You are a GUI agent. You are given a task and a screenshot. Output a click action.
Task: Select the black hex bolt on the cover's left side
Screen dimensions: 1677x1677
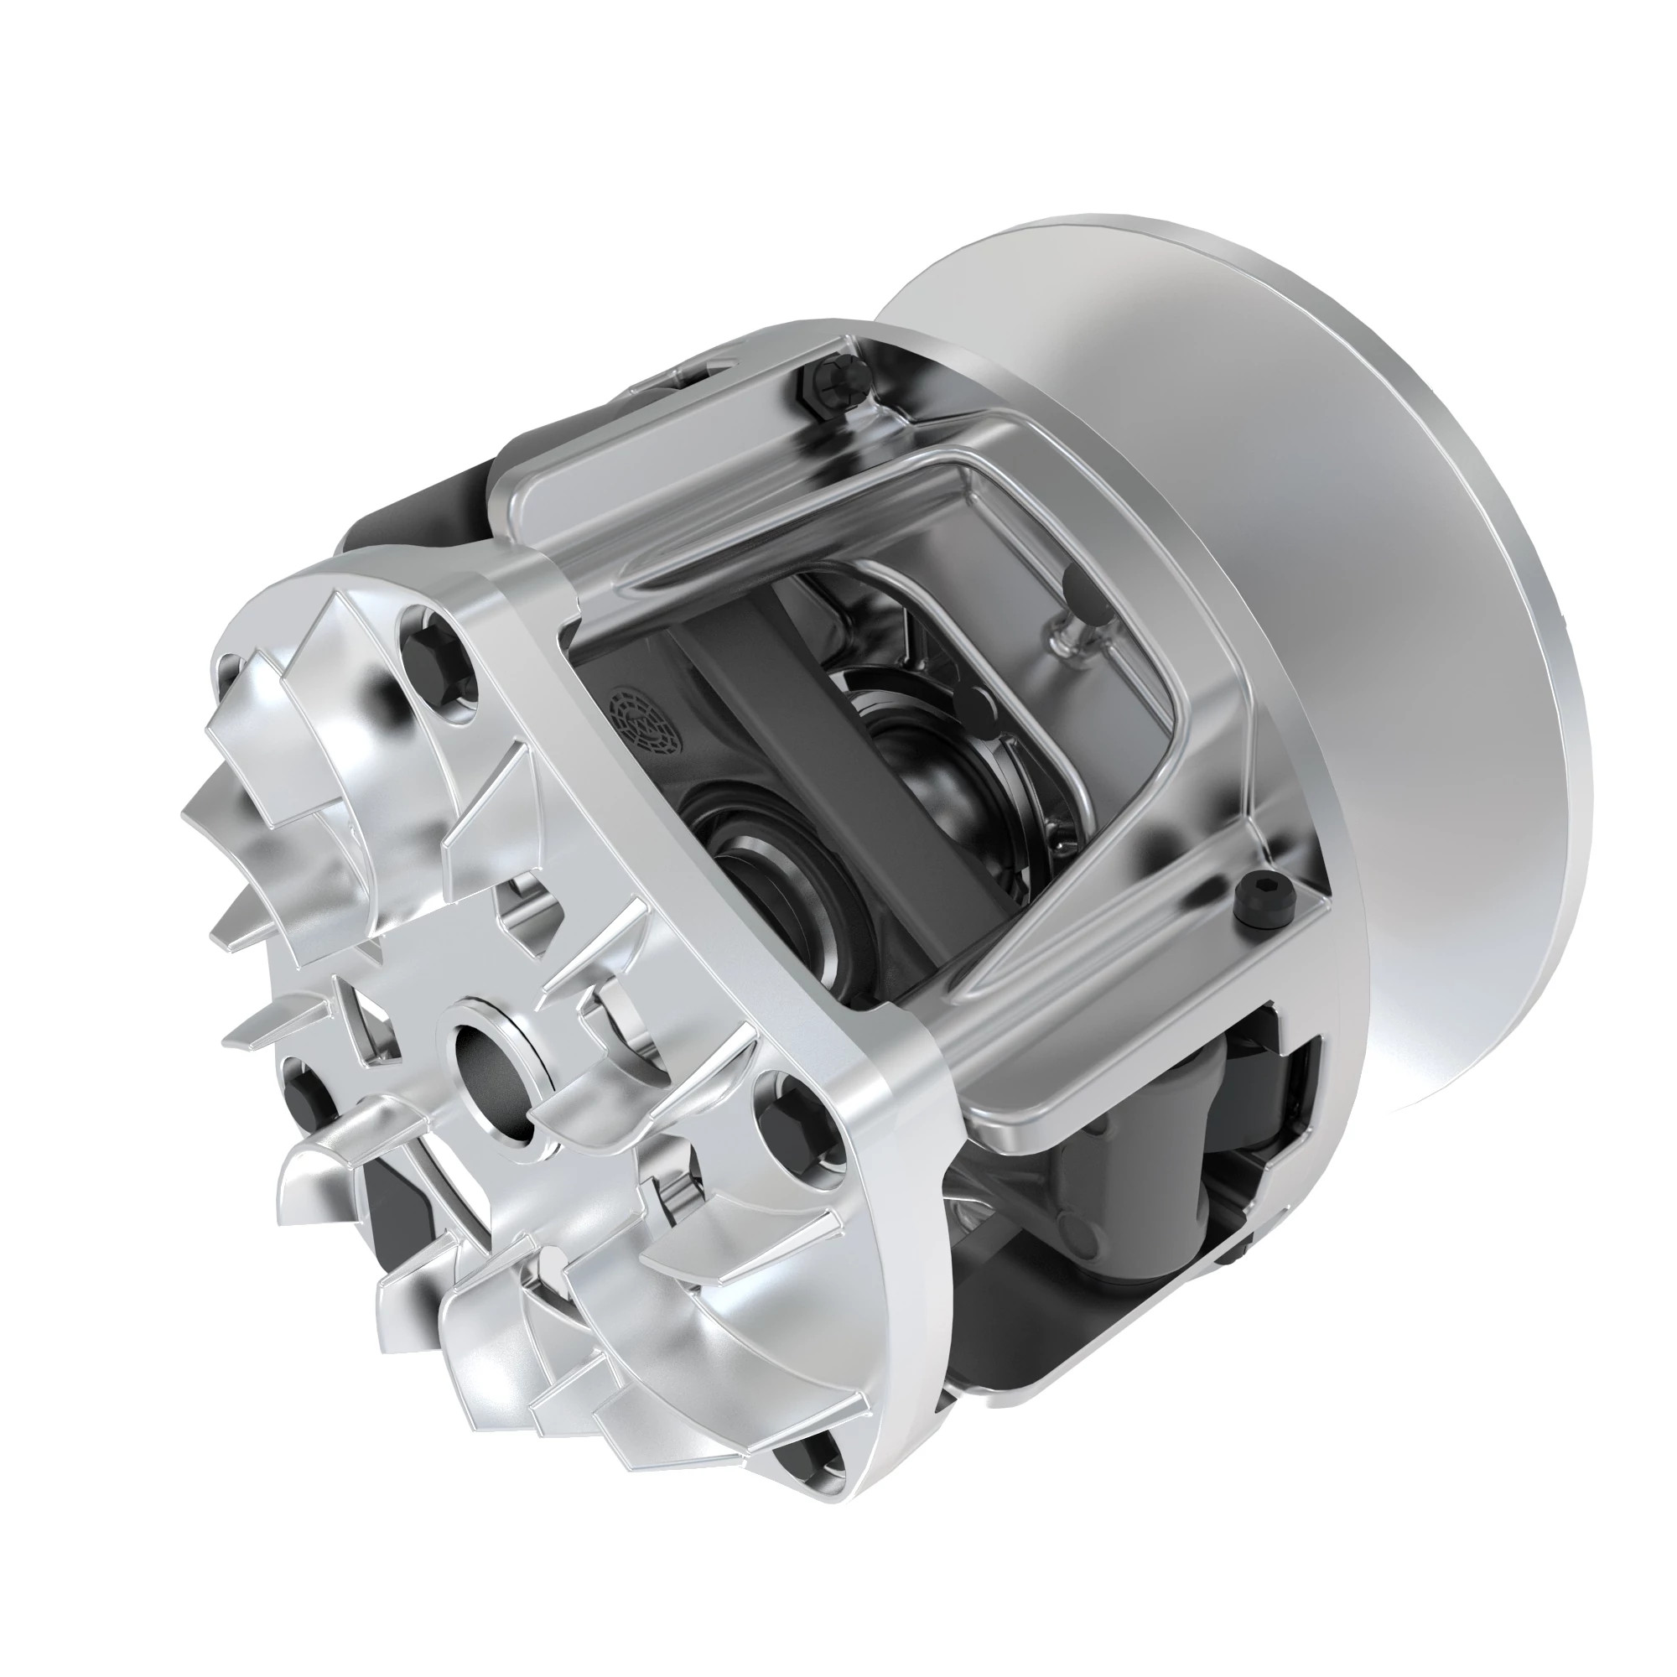pyautogui.click(x=307, y=1095)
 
